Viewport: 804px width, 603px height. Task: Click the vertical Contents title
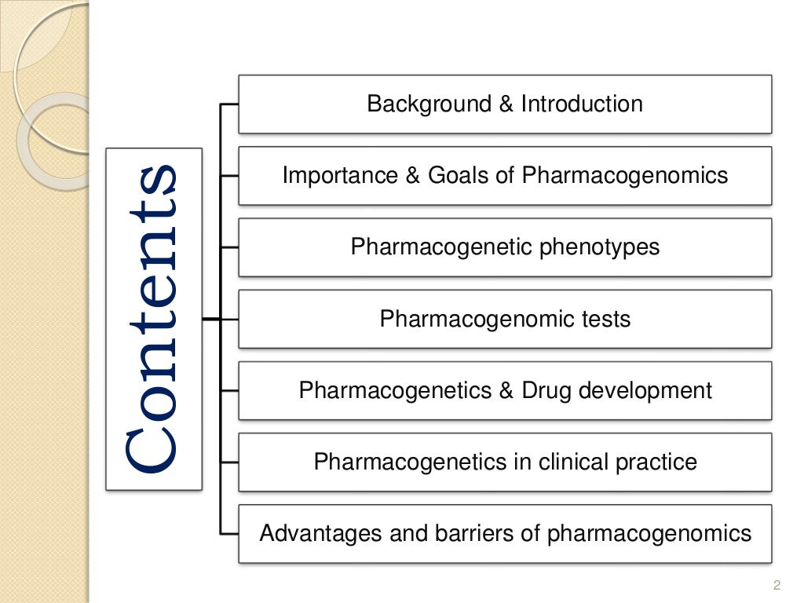153,319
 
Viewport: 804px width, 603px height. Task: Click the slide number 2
777,584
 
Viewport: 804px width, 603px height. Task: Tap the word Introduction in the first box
581,104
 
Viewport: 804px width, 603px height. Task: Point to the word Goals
462,175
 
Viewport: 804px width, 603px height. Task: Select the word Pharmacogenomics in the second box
625,175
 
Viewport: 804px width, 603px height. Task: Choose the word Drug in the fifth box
544,390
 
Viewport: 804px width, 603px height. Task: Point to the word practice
659,462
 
